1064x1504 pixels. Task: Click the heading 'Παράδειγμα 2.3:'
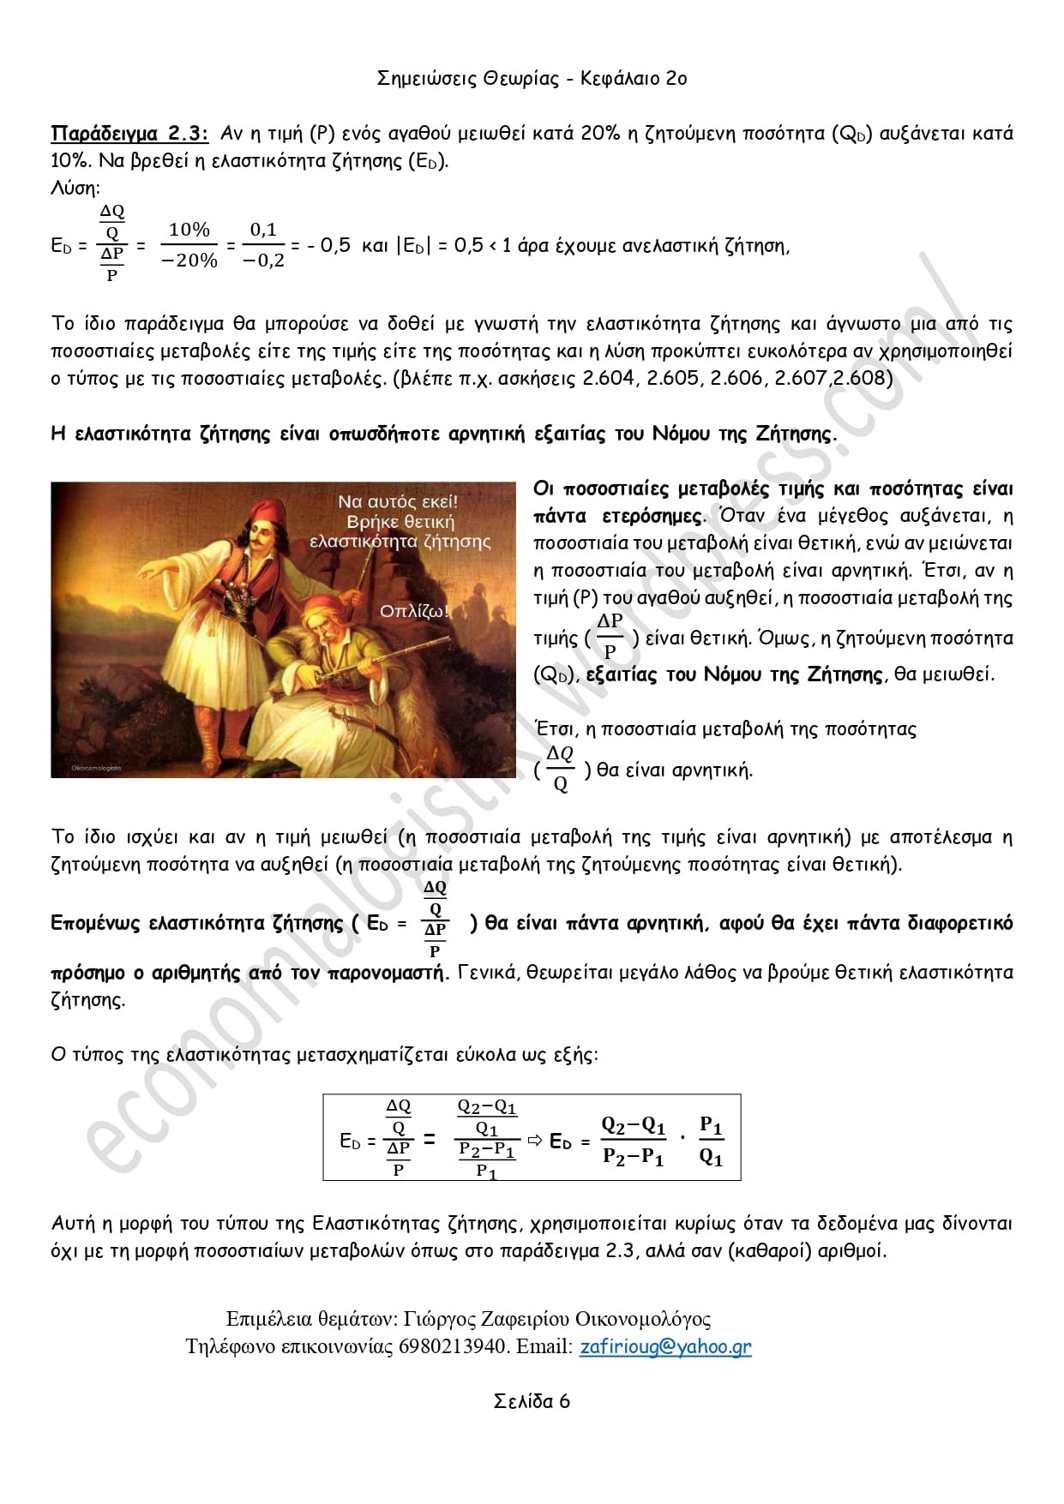(129, 134)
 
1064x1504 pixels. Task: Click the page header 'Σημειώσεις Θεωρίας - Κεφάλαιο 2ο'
(532, 79)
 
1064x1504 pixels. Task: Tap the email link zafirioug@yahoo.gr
(665, 1346)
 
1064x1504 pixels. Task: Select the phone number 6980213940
(452, 1346)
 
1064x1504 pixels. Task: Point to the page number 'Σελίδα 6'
(532, 1401)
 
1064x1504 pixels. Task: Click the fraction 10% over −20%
(189, 245)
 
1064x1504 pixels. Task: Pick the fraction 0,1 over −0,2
(263, 245)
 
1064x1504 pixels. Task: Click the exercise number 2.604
(609, 378)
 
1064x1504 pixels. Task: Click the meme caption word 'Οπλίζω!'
(414, 611)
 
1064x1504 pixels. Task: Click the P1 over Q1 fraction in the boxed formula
(711, 1141)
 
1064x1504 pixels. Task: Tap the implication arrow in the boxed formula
(535, 1141)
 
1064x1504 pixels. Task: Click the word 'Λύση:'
(75, 189)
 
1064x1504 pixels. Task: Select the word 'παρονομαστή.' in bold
(389, 973)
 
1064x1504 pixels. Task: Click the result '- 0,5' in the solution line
(329, 246)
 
